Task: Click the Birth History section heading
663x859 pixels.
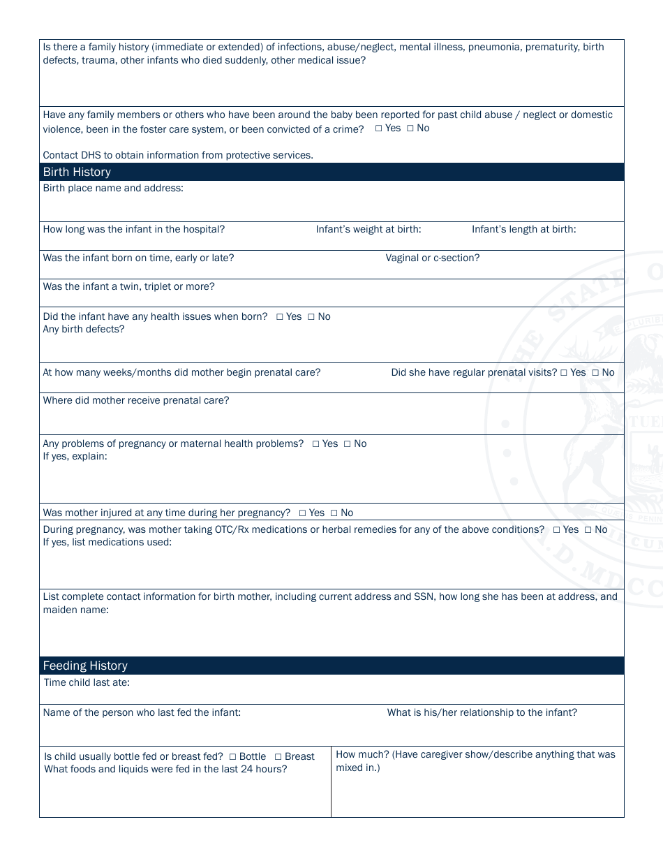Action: coord(77,172)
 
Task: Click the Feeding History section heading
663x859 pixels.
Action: coord(85,666)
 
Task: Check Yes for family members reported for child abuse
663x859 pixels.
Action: coord(379,129)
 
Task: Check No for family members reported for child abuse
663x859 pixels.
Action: coord(410,129)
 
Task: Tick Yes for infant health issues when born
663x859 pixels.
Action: coord(280,317)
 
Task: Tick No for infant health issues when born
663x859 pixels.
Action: coord(311,317)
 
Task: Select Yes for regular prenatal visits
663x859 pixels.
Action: coord(564,373)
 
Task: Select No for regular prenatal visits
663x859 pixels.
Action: coord(595,373)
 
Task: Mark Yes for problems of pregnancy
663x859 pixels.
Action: coord(316,444)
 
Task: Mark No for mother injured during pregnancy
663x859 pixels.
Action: coord(334,513)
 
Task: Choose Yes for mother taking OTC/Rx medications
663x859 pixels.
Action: coord(557,530)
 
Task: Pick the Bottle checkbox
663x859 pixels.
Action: coord(233,757)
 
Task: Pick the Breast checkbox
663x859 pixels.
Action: coord(278,757)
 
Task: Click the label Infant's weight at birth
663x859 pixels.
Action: coord(368,229)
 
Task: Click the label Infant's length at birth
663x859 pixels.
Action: coord(523,229)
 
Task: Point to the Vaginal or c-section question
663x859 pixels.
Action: coord(432,258)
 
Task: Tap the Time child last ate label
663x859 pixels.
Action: coord(87,682)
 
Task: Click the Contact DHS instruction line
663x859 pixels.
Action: coord(178,155)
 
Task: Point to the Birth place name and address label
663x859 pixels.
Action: coord(113,188)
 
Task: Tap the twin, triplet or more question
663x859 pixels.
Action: coord(128,286)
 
